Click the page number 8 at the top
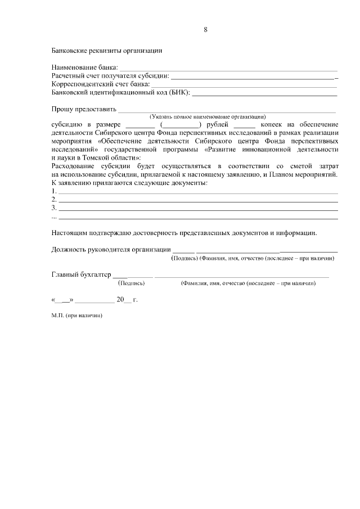[x=206, y=30]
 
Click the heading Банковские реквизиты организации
[x=106, y=51]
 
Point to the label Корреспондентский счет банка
[x=101, y=84]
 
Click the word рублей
[x=218, y=124]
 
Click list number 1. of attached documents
[x=54, y=191]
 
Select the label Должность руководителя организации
[x=111, y=249]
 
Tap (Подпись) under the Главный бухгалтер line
[x=129, y=283]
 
